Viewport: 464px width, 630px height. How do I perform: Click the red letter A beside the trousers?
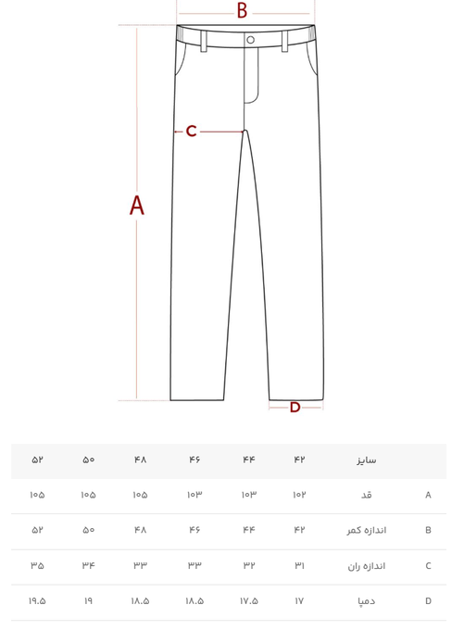coord(136,206)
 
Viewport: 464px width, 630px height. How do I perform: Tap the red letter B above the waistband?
coord(242,11)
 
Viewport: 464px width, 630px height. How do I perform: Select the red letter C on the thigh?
coord(191,131)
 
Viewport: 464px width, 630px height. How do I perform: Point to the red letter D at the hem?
coord(295,408)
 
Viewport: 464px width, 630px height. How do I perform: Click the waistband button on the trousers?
coord(251,40)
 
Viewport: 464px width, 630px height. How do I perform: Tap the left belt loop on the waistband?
coord(204,42)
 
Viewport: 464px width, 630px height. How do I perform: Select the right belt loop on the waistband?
coord(285,42)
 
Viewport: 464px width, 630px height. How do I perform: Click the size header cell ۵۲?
coord(37,460)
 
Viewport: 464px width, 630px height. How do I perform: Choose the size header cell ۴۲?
coord(299,460)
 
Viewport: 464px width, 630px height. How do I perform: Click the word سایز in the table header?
coord(367,460)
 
